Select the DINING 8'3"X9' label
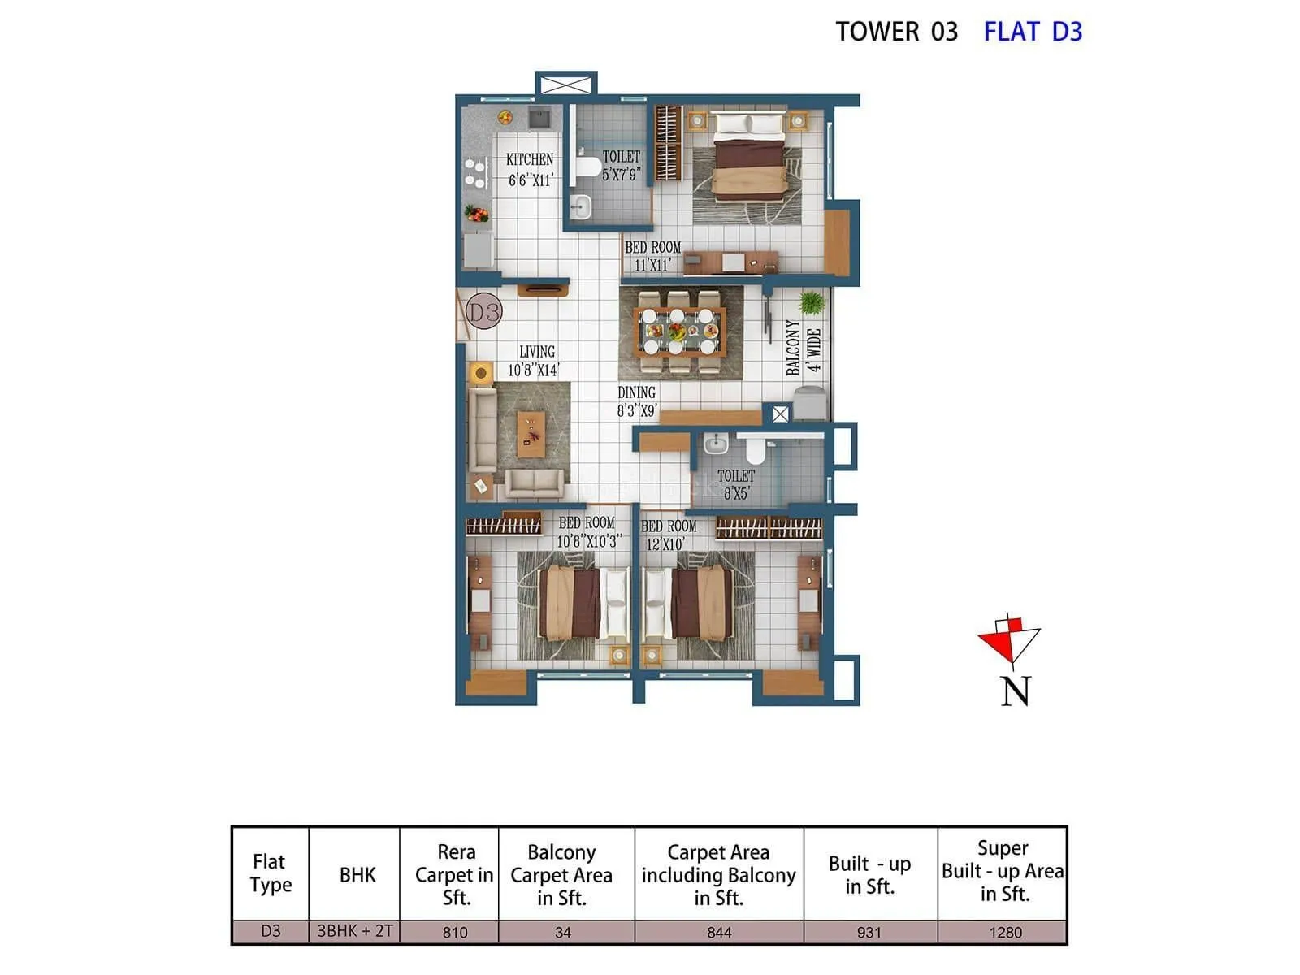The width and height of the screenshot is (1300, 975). pos(636,401)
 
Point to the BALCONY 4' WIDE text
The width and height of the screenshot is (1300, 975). pos(804,348)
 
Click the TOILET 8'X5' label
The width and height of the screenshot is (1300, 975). pos(736,484)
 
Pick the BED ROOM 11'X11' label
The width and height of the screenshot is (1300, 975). pos(652,256)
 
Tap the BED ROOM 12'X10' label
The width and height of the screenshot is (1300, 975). pos(669,535)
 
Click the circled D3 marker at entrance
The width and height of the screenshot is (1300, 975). pos(484,311)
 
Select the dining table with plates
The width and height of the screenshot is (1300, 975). pos(678,331)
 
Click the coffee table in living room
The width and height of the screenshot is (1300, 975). pos(531,433)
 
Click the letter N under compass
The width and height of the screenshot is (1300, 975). pos(1016,691)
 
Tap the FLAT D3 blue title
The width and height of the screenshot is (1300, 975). pos(1033,32)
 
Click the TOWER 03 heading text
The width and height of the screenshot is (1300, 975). pos(897,32)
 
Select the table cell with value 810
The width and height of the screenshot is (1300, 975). pos(455,932)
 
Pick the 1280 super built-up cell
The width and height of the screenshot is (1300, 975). pos(1005,932)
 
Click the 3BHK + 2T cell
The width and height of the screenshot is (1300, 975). pos(355,931)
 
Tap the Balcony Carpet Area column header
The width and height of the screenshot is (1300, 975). pos(561,875)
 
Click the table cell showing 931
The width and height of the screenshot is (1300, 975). pos(869,932)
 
